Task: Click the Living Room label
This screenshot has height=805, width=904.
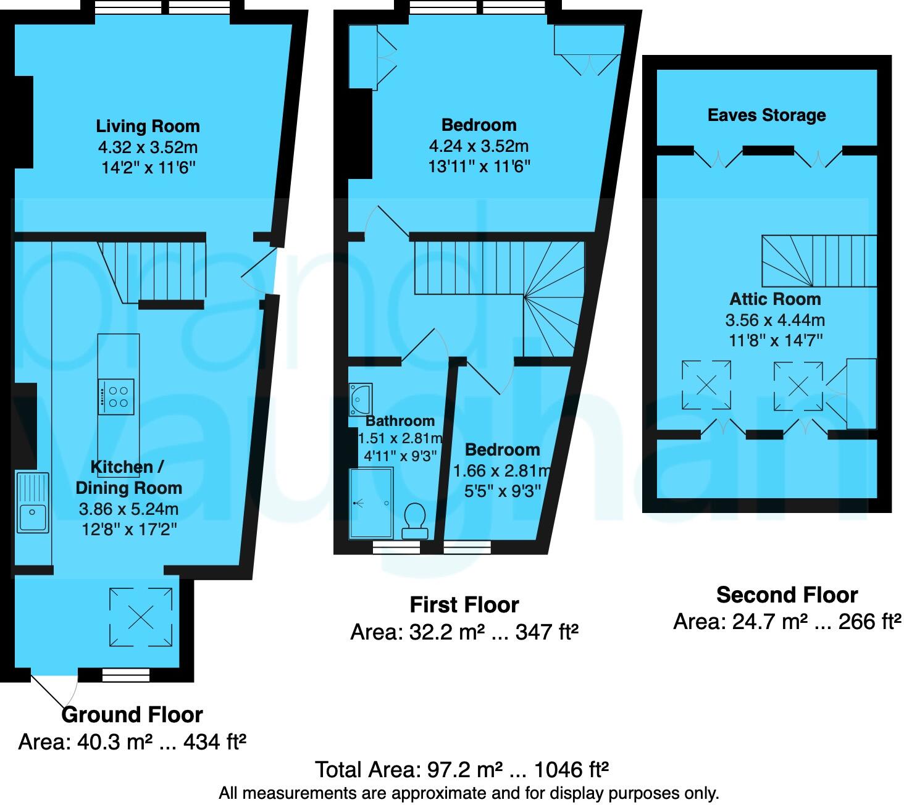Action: (148, 127)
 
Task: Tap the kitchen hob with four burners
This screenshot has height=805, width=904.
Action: (116, 397)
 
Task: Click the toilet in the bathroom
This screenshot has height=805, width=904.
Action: (414, 521)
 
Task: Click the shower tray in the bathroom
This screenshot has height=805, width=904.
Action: (371, 503)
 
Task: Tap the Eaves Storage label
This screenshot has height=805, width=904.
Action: (766, 115)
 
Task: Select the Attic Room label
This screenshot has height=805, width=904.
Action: (775, 299)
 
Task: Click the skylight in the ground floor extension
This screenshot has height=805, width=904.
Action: (141, 617)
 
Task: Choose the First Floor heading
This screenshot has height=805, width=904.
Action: (464, 605)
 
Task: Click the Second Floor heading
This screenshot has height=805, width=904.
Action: (787, 595)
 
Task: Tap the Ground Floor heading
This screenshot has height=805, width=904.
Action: (132, 715)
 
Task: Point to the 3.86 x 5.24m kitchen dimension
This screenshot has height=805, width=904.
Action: (128, 509)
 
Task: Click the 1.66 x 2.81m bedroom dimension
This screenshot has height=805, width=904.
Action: (502, 471)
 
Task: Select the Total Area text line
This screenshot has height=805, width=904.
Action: (462, 770)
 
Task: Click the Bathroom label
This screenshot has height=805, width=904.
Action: (400, 421)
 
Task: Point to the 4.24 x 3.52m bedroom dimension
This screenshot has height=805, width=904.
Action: (479, 146)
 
